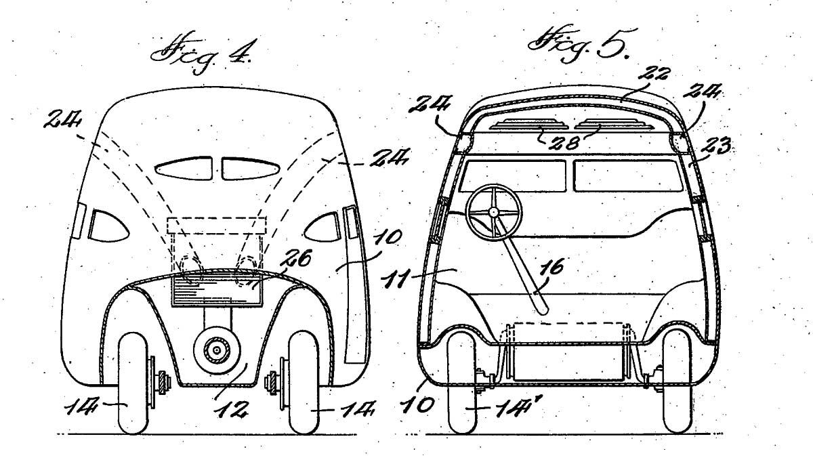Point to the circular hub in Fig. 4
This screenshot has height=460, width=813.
pyautogui.click(x=217, y=350)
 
